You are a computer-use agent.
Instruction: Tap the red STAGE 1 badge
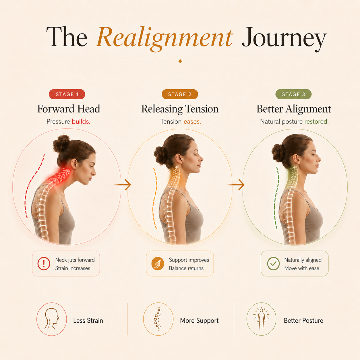pyautogui.click(x=67, y=94)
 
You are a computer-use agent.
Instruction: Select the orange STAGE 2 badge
pyautogui.click(x=180, y=94)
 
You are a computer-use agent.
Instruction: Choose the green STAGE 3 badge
pyautogui.click(x=293, y=94)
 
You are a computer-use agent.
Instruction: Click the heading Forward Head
pyautogui.click(x=69, y=109)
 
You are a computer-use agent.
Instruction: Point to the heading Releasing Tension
pyautogui.click(x=180, y=109)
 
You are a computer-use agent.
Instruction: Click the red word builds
pyautogui.click(x=81, y=122)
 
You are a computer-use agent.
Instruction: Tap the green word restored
pyautogui.click(x=316, y=122)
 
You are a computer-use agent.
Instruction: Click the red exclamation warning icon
pyautogui.click(x=44, y=264)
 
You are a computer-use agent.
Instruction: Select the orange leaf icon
pyautogui.click(x=158, y=264)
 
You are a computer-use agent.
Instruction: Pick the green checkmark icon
pyautogui.click(x=273, y=264)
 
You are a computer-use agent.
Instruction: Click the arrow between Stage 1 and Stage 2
pyautogui.click(x=123, y=185)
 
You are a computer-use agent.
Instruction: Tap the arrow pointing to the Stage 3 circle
pyautogui.click(x=236, y=185)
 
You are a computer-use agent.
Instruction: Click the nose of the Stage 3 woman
pyautogui.click(x=319, y=159)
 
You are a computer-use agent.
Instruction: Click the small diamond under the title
pyautogui.click(x=180, y=61)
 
